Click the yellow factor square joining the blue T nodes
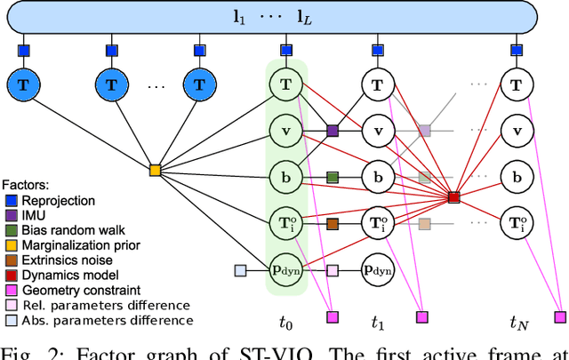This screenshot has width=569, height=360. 155,169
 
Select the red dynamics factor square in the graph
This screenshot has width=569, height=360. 453,196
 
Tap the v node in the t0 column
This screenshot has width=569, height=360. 285,131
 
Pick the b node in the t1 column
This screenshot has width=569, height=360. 378,177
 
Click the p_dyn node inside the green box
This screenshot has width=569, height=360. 285,269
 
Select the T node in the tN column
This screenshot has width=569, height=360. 517,84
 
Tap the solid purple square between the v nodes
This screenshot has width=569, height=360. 333,131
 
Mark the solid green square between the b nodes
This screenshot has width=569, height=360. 333,177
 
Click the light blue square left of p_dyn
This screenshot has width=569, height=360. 240,269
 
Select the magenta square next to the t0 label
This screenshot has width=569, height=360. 333,315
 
